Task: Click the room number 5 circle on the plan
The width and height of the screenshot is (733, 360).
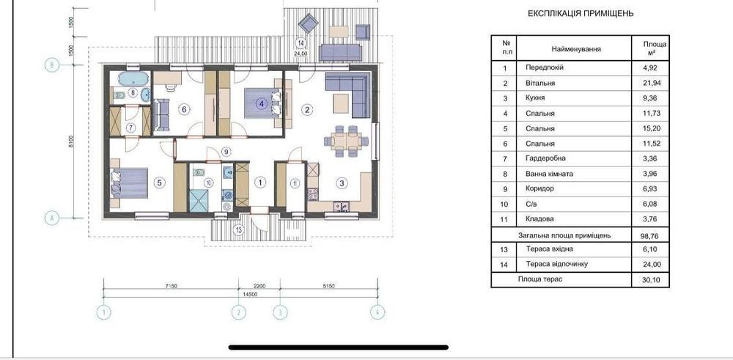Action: click(x=159, y=183)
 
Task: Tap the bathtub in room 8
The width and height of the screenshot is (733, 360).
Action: click(x=133, y=78)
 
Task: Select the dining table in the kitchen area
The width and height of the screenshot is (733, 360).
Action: click(x=345, y=141)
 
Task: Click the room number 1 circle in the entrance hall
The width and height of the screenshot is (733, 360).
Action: click(x=259, y=183)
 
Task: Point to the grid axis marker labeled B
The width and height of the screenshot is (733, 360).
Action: click(x=52, y=65)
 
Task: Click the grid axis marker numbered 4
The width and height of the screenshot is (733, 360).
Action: click(x=377, y=312)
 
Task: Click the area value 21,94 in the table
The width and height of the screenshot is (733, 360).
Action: click(x=652, y=84)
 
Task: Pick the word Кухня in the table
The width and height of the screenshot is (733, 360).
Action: click(x=535, y=98)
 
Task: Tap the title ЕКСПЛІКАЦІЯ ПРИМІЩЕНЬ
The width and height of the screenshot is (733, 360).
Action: click(x=581, y=13)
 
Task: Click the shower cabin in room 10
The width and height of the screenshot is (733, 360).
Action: click(x=198, y=200)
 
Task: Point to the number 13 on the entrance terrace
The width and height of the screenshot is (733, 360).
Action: click(x=239, y=229)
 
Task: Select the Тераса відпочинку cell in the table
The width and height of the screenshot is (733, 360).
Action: click(x=556, y=264)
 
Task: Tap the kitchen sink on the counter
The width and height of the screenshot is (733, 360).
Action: click(x=341, y=206)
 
